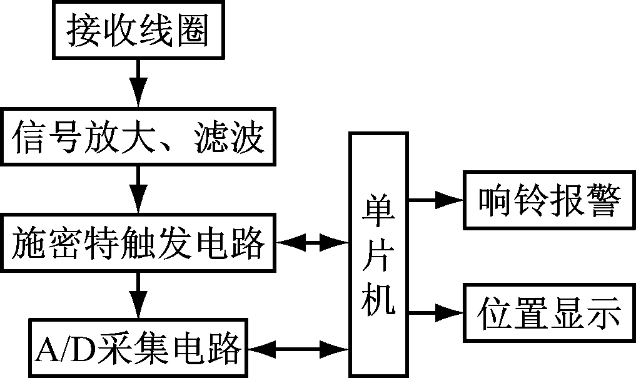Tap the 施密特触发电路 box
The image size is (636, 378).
[x=137, y=244]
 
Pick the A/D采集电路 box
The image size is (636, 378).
[x=138, y=347]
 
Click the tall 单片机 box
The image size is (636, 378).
[x=379, y=254]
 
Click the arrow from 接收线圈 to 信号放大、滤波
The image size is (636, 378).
[x=138, y=84]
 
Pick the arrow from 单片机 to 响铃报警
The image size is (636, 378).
[x=435, y=200]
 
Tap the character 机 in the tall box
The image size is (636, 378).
[x=379, y=303]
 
